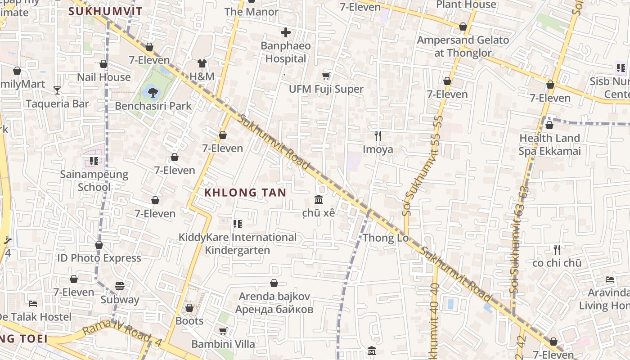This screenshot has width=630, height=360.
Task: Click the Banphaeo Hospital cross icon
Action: [x=285, y=32]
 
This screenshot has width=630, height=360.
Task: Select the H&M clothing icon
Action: [x=202, y=63]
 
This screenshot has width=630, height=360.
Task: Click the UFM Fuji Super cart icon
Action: [x=326, y=76]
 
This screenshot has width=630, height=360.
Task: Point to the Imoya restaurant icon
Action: [x=378, y=135]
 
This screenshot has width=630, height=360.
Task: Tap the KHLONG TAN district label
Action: [x=245, y=193]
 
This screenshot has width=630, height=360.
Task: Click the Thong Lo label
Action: [x=386, y=238]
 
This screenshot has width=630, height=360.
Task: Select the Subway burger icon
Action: [x=119, y=286]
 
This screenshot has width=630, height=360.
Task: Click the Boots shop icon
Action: [x=189, y=308]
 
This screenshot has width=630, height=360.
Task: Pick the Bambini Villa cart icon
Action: [x=223, y=331]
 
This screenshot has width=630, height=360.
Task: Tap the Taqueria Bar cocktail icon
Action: [x=57, y=90]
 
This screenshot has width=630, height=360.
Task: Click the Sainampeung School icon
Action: [x=94, y=161]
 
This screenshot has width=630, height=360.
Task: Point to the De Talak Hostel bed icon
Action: [x=32, y=303]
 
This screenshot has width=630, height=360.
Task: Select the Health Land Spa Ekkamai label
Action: [x=549, y=144]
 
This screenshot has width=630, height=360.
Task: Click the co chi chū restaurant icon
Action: [x=557, y=249]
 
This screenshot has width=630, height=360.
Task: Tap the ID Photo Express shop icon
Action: [x=99, y=245]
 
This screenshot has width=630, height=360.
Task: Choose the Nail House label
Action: [x=103, y=77]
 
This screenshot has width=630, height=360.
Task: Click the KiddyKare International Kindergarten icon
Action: [x=237, y=224]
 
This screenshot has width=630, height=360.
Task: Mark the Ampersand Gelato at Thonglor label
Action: [x=463, y=46]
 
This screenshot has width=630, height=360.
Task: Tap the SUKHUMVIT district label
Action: [x=105, y=11]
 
